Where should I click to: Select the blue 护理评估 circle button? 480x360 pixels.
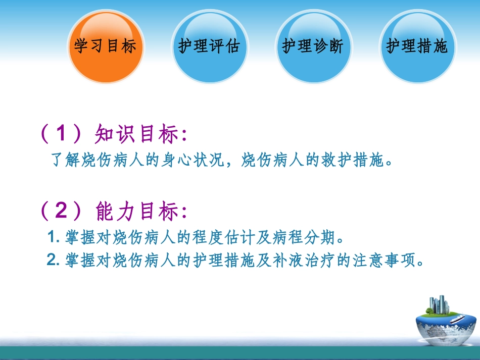209,47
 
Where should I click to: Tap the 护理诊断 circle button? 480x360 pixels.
313,47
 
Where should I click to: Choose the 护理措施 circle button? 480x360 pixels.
417,47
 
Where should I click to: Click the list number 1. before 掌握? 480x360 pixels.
54,237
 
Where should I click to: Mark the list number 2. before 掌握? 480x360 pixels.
54,261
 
